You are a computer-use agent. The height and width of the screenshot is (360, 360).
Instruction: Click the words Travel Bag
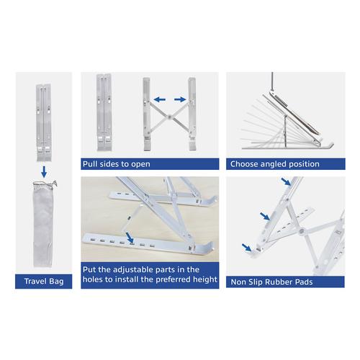tap(44, 281)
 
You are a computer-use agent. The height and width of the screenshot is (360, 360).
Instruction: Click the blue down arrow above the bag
tap(44, 171)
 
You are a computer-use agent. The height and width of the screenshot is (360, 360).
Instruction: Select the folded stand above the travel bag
tap(43, 122)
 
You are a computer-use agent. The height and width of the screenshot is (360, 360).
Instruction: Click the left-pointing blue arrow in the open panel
tap(159, 99)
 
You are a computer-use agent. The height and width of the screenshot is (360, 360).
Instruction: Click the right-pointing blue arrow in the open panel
tap(180, 99)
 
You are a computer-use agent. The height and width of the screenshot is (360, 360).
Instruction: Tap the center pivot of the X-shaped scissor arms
tap(170, 117)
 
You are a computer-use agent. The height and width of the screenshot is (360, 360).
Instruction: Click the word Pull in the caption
tap(90, 164)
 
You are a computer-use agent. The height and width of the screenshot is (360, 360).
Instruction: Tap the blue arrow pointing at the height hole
tap(130, 238)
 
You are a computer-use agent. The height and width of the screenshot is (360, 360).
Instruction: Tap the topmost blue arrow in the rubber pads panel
tap(286, 181)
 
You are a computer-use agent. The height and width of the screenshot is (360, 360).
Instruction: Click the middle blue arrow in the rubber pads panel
tap(265, 216)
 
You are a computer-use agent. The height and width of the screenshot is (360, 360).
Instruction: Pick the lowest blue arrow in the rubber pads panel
tap(247, 248)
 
